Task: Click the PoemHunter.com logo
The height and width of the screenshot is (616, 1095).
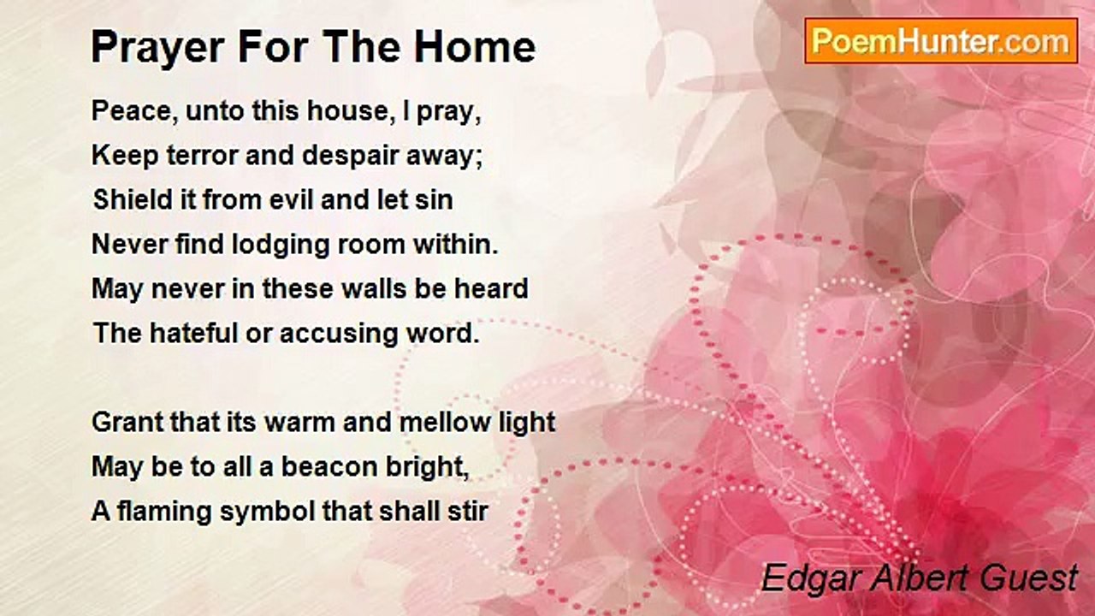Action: tap(941, 41)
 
